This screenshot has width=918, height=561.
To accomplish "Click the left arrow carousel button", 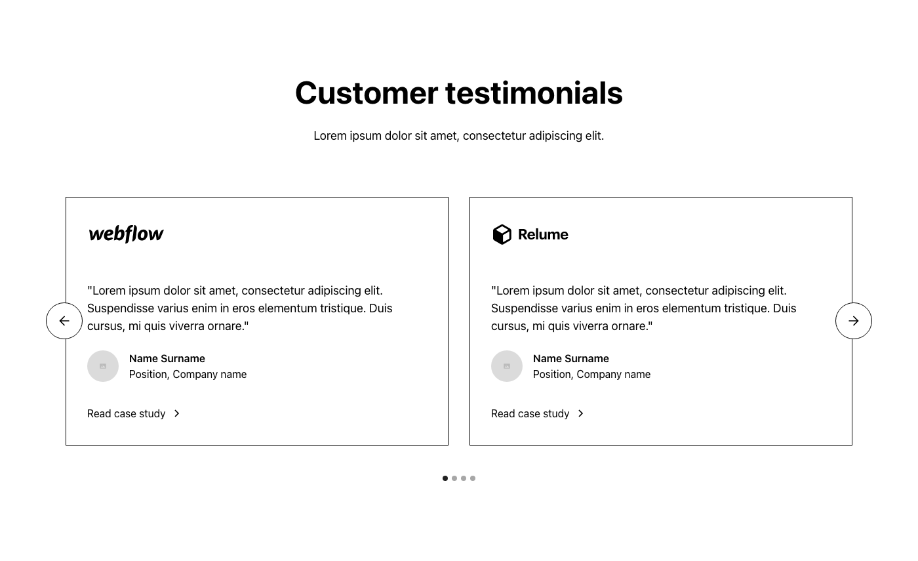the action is click(64, 321).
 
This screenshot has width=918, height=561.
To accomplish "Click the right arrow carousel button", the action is click(854, 321).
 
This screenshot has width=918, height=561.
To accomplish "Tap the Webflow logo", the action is click(126, 234).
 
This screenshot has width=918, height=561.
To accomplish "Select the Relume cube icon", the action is click(502, 235).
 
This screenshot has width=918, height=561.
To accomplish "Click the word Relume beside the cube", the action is click(543, 235).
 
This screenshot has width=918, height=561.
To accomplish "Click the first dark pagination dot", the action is click(445, 478).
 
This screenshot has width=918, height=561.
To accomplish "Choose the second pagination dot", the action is click(454, 478).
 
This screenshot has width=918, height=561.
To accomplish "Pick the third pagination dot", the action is click(464, 478).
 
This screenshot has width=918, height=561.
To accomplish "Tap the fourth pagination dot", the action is click(473, 478).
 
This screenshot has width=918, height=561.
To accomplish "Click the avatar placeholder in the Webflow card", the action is click(103, 366).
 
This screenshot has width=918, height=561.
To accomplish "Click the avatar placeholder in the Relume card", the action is click(507, 366).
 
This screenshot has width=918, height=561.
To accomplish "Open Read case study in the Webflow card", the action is click(126, 413).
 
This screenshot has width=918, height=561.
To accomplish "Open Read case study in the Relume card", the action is click(530, 413).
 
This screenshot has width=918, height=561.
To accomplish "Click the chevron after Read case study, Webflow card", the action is click(176, 413).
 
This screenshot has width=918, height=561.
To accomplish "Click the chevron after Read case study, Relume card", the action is click(581, 413).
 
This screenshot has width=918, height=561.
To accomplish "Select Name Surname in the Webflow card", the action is click(167, 358).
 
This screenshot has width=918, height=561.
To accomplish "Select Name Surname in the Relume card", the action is click(571, 358).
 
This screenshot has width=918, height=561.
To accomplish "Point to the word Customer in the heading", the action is click(367, 93).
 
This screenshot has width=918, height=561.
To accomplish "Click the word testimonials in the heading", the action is click(534, 93).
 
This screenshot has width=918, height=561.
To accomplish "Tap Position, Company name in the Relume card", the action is click(591, 375).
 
